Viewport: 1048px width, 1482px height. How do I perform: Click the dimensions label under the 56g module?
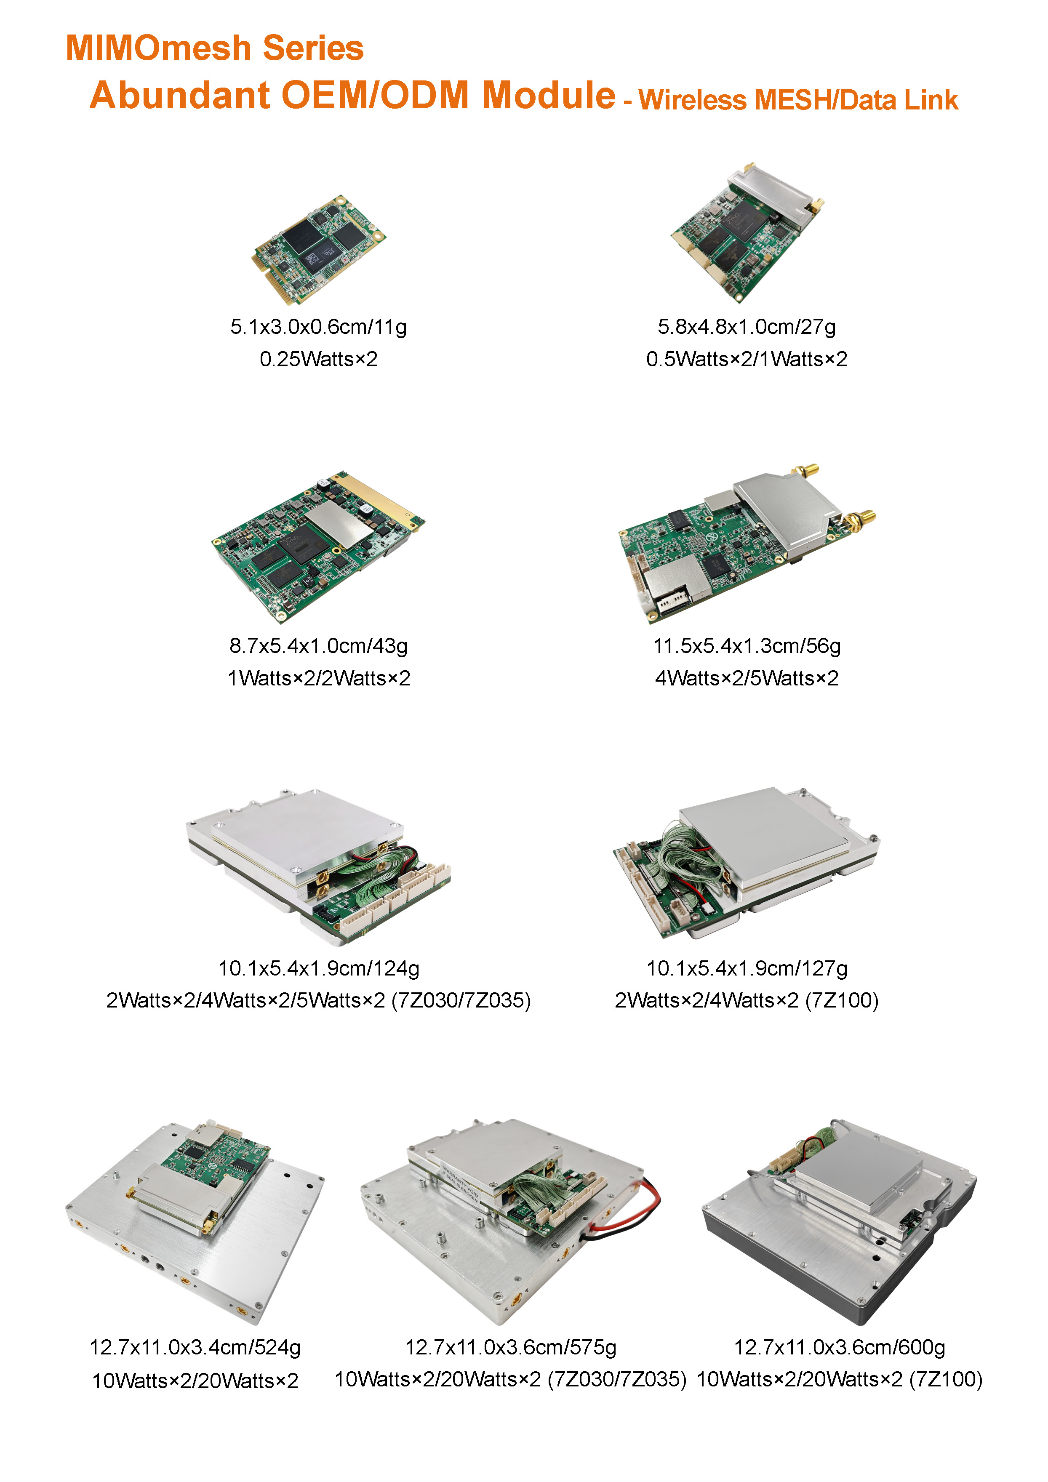pos(747,646)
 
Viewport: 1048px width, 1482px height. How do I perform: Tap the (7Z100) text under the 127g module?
pos(842,1000)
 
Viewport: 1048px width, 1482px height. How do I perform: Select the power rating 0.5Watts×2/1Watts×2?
pos(747,360)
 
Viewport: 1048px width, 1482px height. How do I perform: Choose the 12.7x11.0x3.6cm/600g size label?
pos(840,1347)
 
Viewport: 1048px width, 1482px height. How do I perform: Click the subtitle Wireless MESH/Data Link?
pos(798,100)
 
